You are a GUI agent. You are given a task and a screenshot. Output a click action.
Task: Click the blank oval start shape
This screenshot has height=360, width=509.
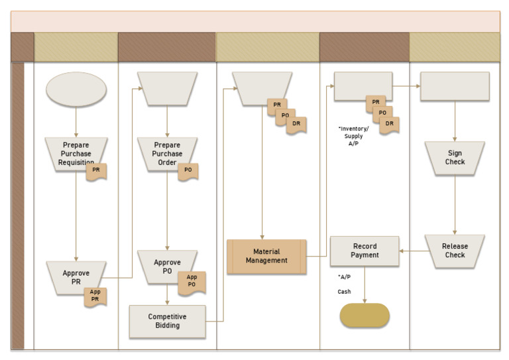(76, 90)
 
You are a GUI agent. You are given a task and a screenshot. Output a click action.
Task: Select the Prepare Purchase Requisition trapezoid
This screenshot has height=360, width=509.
(76, 154)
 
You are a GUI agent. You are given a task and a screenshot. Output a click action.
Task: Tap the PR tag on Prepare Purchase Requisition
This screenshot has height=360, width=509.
(96, 172)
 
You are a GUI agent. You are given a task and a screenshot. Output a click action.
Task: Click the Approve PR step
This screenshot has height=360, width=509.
(76, 278)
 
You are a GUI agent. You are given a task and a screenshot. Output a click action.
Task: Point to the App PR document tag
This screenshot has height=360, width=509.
(95, 297)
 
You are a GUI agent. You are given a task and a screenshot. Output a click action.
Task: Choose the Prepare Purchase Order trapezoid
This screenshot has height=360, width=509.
(167, 154)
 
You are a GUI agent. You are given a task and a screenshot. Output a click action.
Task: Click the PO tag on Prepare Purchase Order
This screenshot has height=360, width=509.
(188, 172)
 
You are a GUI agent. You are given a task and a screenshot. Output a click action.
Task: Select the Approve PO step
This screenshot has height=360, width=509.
(167, 267)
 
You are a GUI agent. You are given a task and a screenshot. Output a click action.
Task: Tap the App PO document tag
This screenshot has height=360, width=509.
(192, 283)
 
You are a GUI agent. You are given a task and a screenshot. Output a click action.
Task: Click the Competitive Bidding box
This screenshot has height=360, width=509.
(167, 322)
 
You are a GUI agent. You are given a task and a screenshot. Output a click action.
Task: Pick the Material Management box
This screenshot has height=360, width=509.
(266, 257)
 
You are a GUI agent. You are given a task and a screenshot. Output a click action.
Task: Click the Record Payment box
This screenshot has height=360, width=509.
(365, 251)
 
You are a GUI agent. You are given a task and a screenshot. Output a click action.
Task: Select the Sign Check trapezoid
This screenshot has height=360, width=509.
(455, 158)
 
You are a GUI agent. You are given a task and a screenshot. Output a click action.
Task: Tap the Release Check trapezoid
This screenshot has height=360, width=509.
(455, 251)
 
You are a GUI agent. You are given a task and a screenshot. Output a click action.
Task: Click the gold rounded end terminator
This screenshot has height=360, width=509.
(365, 315)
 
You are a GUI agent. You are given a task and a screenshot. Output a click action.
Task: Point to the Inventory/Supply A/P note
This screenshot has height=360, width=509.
(353, 136)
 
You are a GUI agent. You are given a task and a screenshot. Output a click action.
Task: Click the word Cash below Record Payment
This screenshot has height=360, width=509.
(344, 292)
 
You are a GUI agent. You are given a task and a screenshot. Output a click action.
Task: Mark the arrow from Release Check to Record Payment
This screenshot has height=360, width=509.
(414, 251)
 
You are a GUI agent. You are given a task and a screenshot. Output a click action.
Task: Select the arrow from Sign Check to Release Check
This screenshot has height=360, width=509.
(455, 205)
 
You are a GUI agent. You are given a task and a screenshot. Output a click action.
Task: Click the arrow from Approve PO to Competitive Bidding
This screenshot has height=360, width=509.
(167, 294)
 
